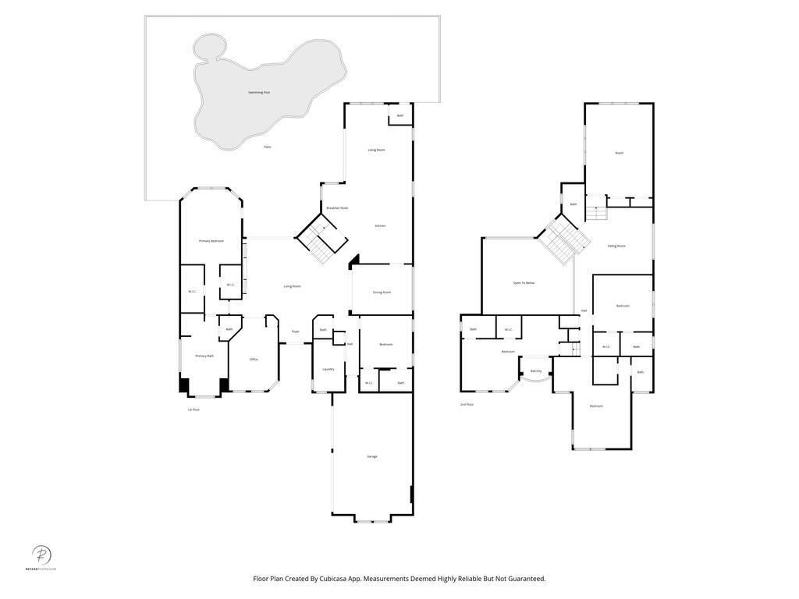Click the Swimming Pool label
259,93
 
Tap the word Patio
267,147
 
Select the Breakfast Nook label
337,208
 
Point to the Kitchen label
380,226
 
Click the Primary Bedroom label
211,241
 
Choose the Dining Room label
382,292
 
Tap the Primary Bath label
204,356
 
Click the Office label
254,360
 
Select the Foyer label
295,331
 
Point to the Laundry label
328,369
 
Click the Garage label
372,456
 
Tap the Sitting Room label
616,246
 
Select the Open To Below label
524,283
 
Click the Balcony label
536,371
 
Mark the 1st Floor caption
193,409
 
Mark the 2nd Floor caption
467,405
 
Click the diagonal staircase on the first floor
321,239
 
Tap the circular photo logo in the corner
41,555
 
